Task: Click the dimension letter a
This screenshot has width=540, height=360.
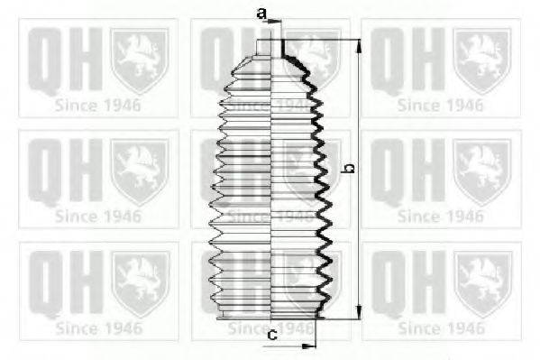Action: pyautogui.click(x=261, y=13)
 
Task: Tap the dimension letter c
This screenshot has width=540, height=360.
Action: pyautogui.click(x=272, y=335)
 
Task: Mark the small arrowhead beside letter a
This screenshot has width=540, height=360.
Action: pyautogui.click(x=275, y=19)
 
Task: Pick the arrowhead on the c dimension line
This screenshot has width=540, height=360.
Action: pyautogui.click(x=311, y=345)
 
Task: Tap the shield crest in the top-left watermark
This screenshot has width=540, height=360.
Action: pyautogui.click(x=139, y=60)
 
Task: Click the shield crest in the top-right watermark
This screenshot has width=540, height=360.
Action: pyautogui.click(x=481, y=60)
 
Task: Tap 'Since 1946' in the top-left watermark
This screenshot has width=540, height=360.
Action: pyautogui.click(x=96, y=105)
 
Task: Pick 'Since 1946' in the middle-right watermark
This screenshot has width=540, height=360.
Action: pyautogui.click(x=439, y=216)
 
